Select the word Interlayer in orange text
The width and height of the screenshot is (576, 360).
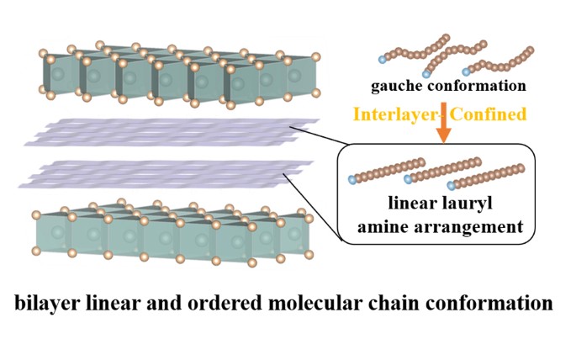click(x=393, y=113)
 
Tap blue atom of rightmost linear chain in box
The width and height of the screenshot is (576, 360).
click(x=454, y=183)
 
